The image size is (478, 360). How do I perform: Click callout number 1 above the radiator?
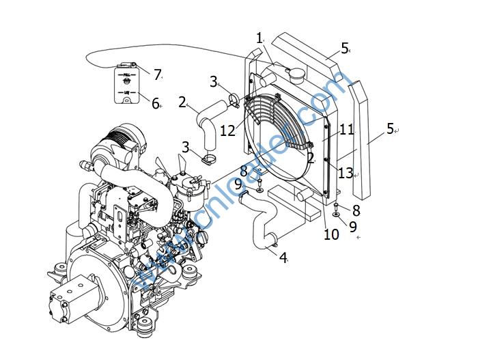point(259,38)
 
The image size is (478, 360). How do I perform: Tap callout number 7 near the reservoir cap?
point(157,74)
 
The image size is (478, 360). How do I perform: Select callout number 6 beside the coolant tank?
point(156,103)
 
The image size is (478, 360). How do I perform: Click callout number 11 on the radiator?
point(346,128)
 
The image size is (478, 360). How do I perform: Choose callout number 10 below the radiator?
point(331,235)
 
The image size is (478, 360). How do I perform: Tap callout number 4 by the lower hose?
point(283,258)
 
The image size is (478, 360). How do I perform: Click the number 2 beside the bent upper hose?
point(182,102)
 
